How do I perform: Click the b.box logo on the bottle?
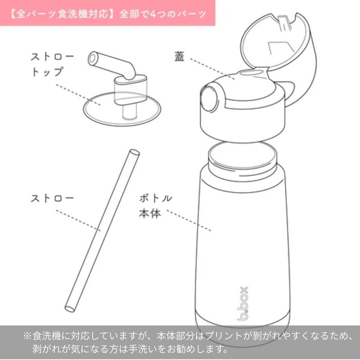tap(243, 303)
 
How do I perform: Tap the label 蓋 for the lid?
tap(179, 56)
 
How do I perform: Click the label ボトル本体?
tap(156, 206)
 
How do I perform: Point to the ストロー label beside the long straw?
tap(52, 198)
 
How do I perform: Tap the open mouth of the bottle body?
tap(243, 155)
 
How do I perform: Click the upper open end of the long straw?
tap(135, 153)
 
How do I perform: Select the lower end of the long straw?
tap(70, 309)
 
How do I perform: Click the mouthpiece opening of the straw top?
tap(92, 58)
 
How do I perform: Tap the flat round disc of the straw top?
tap(122, 109)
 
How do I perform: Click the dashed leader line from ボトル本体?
tap(189, 220)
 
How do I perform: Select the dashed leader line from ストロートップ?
tap(78, 95)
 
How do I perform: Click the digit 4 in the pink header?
tap(153, 14)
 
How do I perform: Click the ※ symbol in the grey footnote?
tap(27, 336)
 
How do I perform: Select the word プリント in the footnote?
tap(223, 336)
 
